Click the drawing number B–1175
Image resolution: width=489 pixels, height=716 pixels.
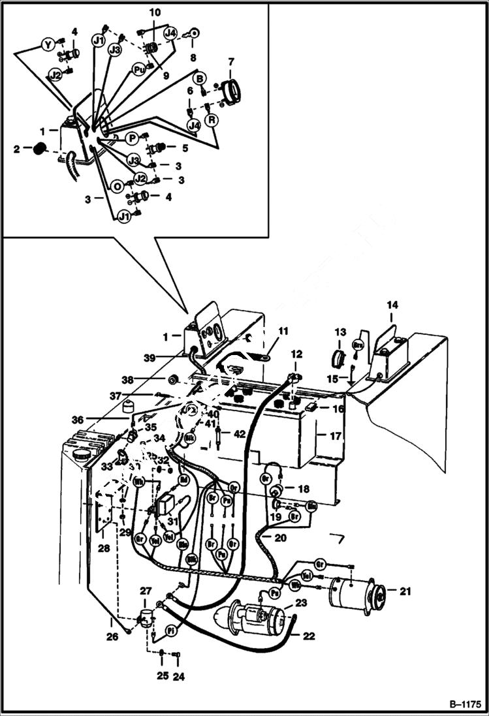465,704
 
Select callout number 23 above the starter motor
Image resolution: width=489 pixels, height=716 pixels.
300,603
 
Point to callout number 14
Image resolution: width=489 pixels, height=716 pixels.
392,305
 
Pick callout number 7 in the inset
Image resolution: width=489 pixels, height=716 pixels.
230,62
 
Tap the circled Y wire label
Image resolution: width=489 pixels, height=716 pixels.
48,44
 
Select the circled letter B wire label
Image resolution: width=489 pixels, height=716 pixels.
200,78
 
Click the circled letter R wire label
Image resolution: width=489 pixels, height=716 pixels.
212,120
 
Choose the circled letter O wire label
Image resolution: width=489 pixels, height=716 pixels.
118,186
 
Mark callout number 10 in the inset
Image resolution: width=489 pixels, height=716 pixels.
154,12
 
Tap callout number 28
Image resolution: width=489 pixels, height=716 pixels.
104,549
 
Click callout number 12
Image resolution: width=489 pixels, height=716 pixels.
296,354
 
